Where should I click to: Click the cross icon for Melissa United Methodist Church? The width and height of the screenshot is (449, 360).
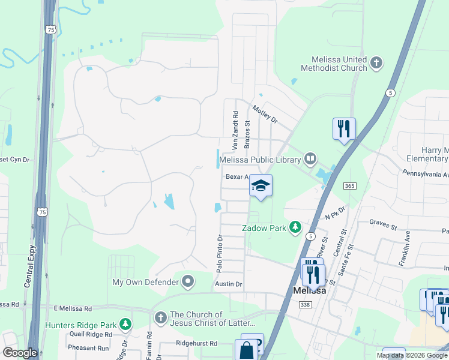[376, 62]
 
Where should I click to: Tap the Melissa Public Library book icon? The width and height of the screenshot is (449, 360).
[310, 159]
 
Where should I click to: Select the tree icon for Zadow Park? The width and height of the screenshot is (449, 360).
[295, 227]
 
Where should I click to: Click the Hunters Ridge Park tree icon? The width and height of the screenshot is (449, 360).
[125, 325]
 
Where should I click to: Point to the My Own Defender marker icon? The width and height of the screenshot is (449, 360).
[188, 281]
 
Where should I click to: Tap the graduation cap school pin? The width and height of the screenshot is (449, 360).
[261, 185]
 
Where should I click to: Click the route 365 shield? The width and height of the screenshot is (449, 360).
[350, 187]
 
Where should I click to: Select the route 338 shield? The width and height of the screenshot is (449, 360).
[305, 305]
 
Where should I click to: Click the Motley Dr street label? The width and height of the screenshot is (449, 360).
[265, 114]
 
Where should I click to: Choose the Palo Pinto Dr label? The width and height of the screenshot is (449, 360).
[219, 253]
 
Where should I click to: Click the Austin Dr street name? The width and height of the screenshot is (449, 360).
[229, 284]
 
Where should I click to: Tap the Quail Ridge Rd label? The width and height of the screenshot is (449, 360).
[91, 335]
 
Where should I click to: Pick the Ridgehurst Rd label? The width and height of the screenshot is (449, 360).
[200, 343]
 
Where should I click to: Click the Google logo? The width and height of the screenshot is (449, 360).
[19, 353]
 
